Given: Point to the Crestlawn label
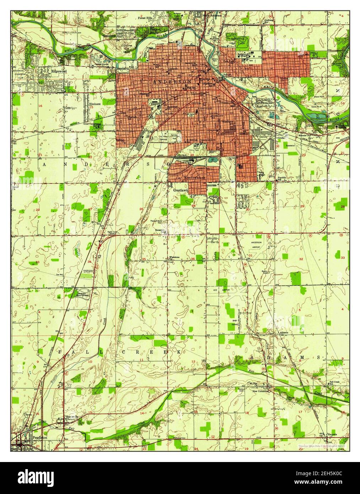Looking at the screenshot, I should (180, 190).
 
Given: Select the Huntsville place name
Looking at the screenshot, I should (71, 417).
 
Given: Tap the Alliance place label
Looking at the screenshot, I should (283, 333).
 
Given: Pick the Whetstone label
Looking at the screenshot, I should (174, 257).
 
